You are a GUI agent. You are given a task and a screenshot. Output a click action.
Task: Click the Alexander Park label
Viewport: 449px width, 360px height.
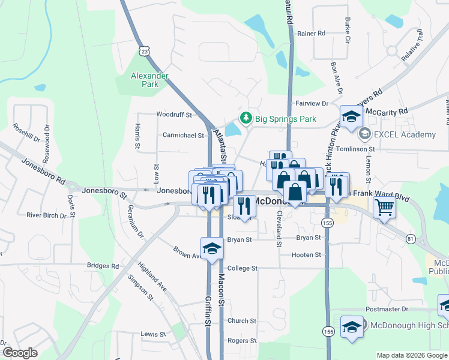click(149, 80)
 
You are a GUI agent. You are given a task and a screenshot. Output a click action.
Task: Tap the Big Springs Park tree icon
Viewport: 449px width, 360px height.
click(245, 118)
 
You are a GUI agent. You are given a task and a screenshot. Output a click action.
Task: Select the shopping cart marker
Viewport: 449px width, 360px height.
click(384, 208)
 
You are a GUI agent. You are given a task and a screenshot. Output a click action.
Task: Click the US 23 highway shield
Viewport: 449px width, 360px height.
click(144, 52)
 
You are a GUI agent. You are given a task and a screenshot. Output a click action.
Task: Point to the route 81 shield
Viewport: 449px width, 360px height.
click(409, 238)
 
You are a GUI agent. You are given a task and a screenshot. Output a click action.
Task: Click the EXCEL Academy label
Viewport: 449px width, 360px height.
click(405, 134)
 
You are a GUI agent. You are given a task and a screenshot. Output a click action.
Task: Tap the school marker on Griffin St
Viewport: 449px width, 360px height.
click(211, 248)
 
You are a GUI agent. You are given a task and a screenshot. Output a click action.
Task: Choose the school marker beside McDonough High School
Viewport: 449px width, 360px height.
click(352, 326)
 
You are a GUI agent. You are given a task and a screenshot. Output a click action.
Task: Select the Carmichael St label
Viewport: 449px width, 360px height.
click(183, 136)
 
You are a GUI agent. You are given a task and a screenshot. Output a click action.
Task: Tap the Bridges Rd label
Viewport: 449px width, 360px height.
click(103, 266)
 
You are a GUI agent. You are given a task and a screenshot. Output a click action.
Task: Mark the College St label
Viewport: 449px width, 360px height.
click(242, 268)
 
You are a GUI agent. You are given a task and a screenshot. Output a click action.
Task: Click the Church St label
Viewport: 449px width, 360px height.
click(242, 321)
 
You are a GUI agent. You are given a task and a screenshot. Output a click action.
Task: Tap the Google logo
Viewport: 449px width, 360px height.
click(20, 353)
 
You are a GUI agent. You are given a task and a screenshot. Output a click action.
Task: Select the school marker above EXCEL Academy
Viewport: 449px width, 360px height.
click(351, 115)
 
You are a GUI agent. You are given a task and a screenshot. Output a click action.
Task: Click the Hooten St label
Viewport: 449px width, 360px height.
click(306, 255)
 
